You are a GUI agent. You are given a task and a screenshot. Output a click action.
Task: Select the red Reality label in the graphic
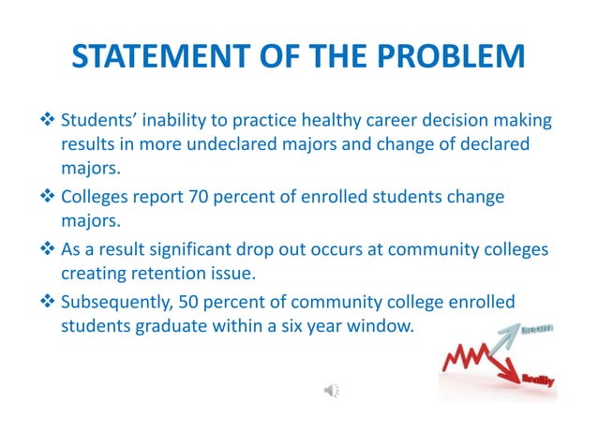(x=536, y=378)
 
